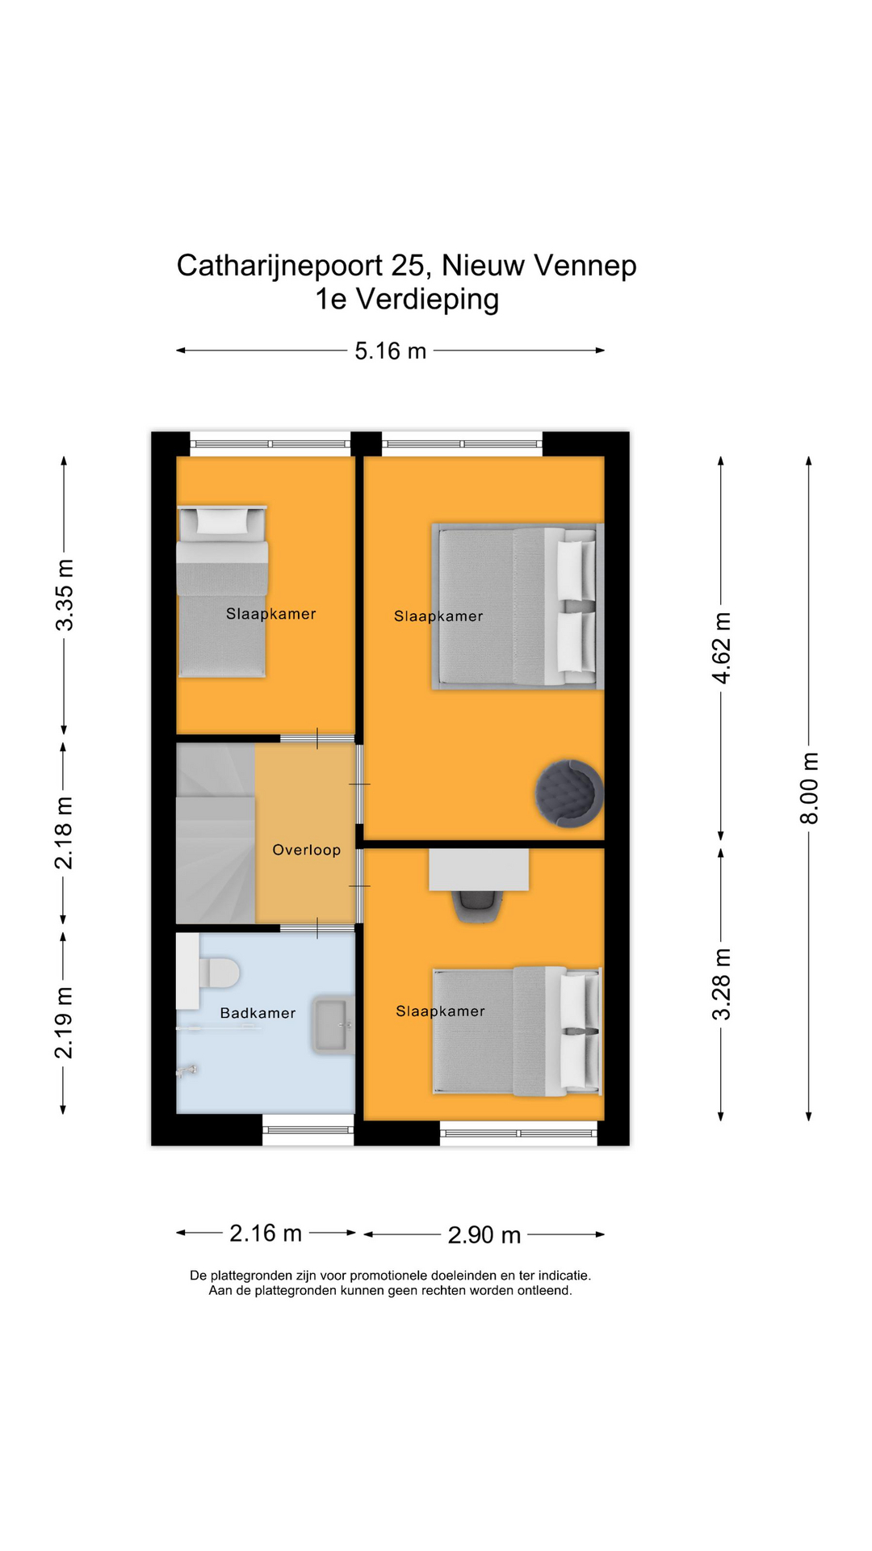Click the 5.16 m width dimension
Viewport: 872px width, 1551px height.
pos(391,351)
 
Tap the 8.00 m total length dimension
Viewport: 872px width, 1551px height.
pos(809,788)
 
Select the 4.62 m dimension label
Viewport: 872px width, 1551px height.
pos(721,648)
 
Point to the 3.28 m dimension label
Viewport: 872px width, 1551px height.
pos(721,984)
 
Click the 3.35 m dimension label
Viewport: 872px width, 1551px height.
pos(65,595)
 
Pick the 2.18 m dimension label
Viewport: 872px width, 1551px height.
pos(64,833)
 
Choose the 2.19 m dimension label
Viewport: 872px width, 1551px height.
pos(64,1022)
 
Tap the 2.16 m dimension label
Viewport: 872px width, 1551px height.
pos(266,1234)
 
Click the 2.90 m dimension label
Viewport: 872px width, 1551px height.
pos(484,1235)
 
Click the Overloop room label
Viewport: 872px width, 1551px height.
pos(307,850)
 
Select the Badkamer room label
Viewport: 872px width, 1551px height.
pos(258,1013)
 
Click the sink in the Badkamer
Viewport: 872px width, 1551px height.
pos(333,1024)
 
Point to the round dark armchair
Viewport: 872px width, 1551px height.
pos(569,792)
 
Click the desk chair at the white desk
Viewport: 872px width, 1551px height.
pos(479,906)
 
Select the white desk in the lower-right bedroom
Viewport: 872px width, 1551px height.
pos(479,869)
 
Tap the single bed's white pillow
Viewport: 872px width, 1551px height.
pos(221,521)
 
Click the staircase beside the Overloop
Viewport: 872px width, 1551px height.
pos(216,833)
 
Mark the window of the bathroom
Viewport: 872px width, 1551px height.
pos(308,1129)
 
